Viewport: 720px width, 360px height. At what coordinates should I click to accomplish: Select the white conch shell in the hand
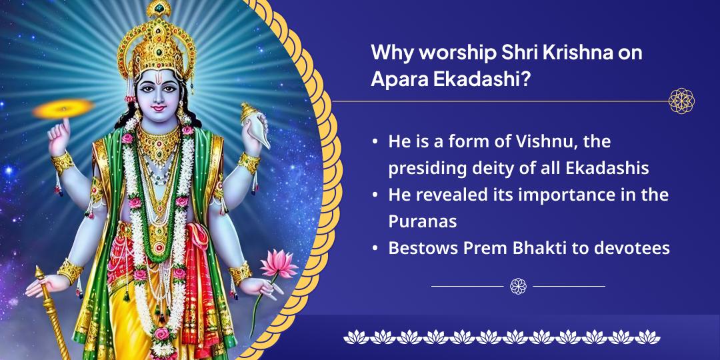click(255, 125)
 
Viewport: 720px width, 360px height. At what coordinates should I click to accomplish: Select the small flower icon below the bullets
click(518, 286)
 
